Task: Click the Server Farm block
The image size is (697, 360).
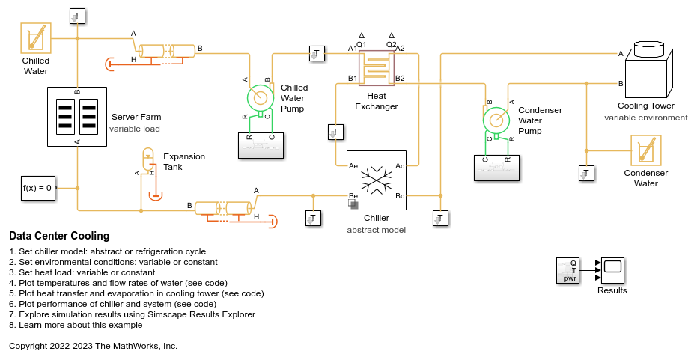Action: [77, 116]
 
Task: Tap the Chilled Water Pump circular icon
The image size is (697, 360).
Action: [261, 97]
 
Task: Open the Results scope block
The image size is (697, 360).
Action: [612, 270]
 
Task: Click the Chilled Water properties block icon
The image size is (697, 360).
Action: [35, 37]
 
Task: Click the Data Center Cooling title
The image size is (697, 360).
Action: [59, 236]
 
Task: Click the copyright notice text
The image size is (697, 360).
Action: [93, 346]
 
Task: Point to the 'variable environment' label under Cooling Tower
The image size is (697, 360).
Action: [645, 118]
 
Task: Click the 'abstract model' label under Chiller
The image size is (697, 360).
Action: [376, 230]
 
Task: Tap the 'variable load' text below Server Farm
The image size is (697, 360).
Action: [135, 129]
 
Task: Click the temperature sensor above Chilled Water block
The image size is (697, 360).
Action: [77, 16]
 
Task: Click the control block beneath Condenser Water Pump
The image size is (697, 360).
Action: [496, 168]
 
